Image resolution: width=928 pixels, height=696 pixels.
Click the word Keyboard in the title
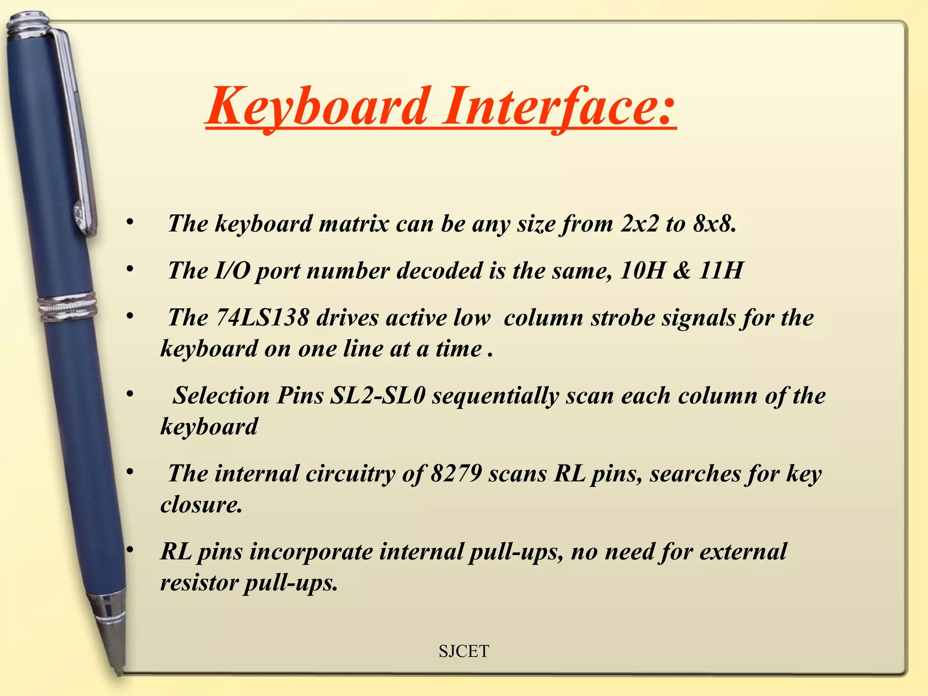point(317,107)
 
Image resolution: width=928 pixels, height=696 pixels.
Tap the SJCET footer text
point(464,651)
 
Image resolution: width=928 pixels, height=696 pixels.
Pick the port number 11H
point(720,271)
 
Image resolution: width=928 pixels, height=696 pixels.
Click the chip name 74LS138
point(262,317)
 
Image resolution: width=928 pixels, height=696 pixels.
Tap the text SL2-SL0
point(377,396)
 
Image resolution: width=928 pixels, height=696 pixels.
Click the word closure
point(201,505)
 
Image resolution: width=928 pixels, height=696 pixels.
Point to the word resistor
point(199,583)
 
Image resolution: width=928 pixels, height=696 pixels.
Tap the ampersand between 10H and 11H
point(682,271)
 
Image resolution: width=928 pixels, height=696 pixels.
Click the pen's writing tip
point(119,671)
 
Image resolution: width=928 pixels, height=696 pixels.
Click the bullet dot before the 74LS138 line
point(130,316)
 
